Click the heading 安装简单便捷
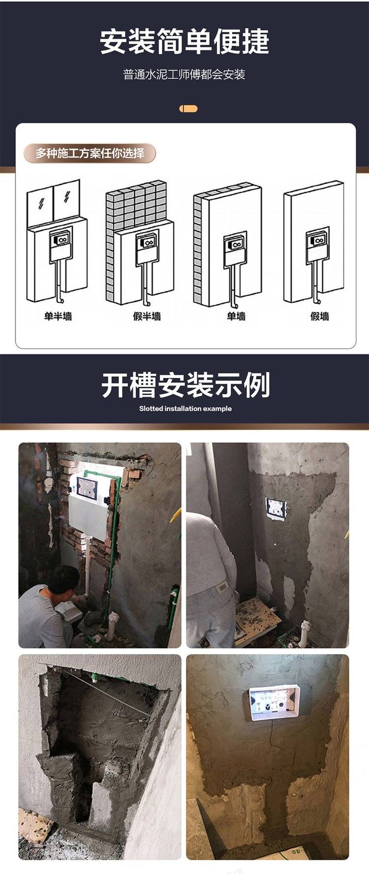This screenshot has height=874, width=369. tap(184, 41)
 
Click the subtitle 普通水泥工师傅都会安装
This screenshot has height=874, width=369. tap(184, 75)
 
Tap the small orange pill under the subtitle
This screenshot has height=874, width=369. tap(188, 109)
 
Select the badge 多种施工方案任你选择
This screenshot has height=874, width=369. tap(90, 154)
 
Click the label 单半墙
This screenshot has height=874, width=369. tap(58, 316)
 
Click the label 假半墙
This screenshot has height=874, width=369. tap(147, 316)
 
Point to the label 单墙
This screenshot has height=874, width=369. tap(236, 316)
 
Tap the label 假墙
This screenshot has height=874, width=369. tap(319, 316)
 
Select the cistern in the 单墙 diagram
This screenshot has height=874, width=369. tap(235, 250)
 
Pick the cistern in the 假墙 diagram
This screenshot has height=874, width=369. tap(317, 245)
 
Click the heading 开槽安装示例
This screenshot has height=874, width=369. tap(185, 385)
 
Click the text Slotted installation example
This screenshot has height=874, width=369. tap(185, 408)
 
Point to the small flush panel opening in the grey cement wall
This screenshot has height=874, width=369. tap(276, 509)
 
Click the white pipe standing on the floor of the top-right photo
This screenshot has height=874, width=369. tap(306, 632)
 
